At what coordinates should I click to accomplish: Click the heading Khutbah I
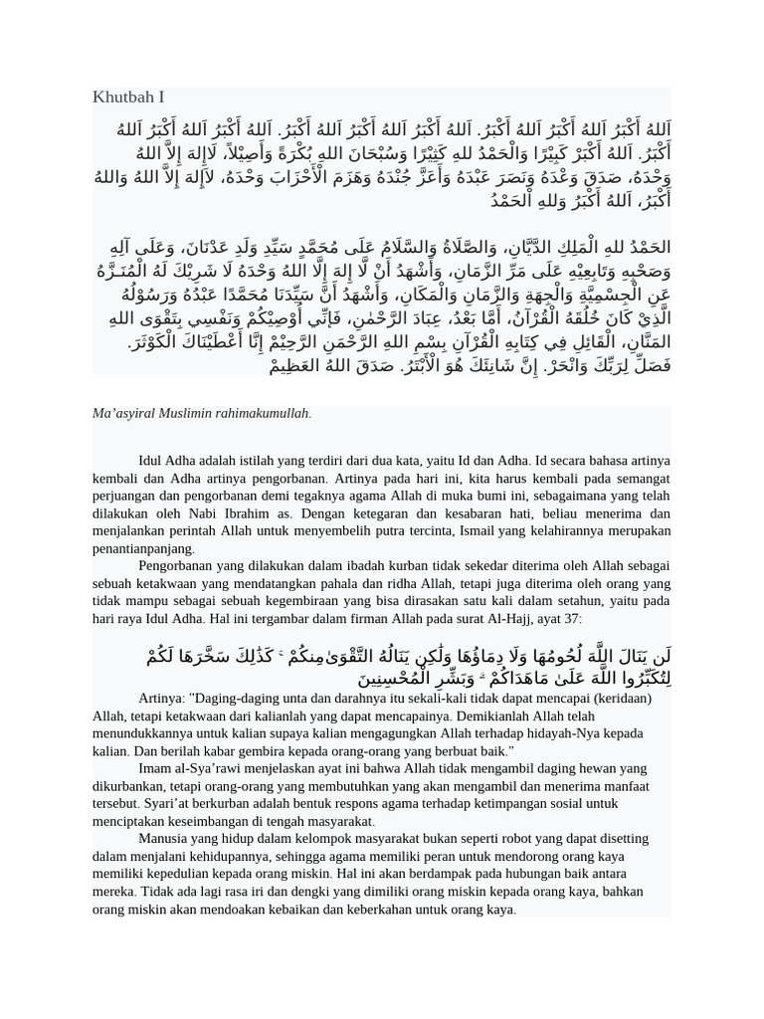pyautogui.click(x=128, y=97)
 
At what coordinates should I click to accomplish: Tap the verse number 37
pyautogui.click(x=571, y=618)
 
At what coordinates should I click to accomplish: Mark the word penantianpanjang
pyautogui.click(x=143, y=548)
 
